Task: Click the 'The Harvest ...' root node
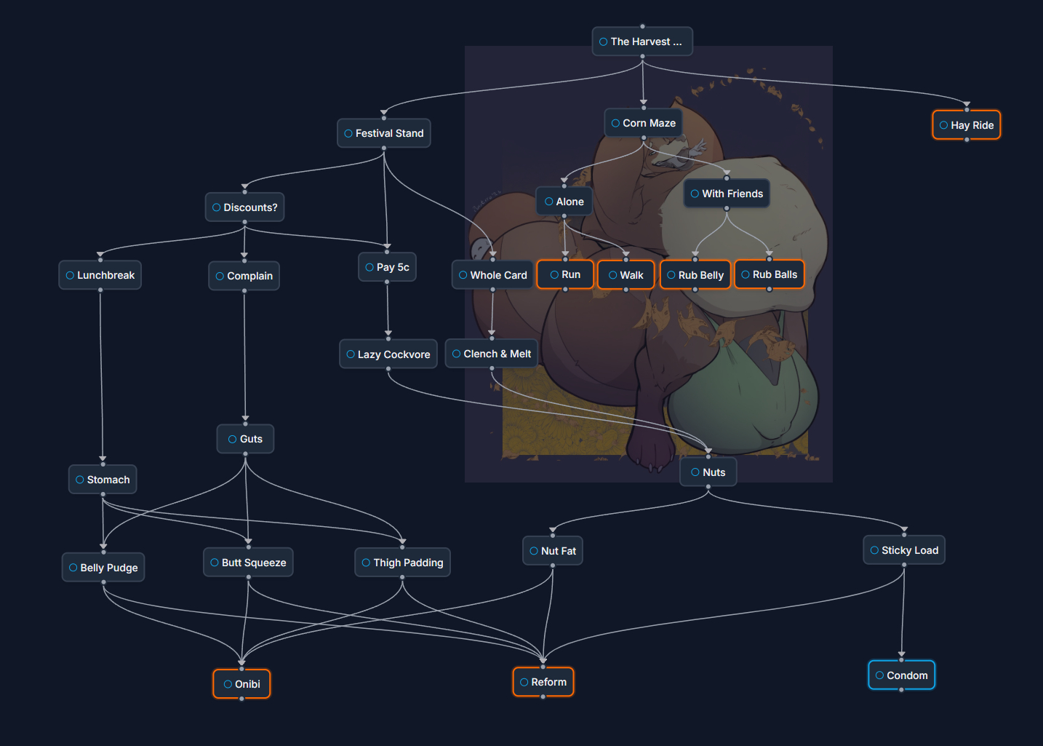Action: point(642,41)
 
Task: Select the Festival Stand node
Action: point(384,133)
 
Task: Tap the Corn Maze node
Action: point(644,123)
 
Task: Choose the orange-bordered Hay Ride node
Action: point(967,125)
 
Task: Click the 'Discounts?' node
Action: point(245,207)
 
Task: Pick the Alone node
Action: point(564,202)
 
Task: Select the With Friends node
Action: point(727,194)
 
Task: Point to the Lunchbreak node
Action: point(100,275)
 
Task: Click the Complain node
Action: point(244,276)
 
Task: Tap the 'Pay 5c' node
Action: point(387,267)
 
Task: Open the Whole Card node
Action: point(493,275)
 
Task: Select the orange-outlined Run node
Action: point(565,274)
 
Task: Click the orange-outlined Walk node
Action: point(626,275)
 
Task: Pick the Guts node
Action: point(245,439)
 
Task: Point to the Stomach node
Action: point(103,480)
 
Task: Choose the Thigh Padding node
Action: point(402,563)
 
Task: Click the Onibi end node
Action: point(241,684)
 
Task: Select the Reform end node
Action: point(543,682)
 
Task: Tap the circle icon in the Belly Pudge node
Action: point(73,568)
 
